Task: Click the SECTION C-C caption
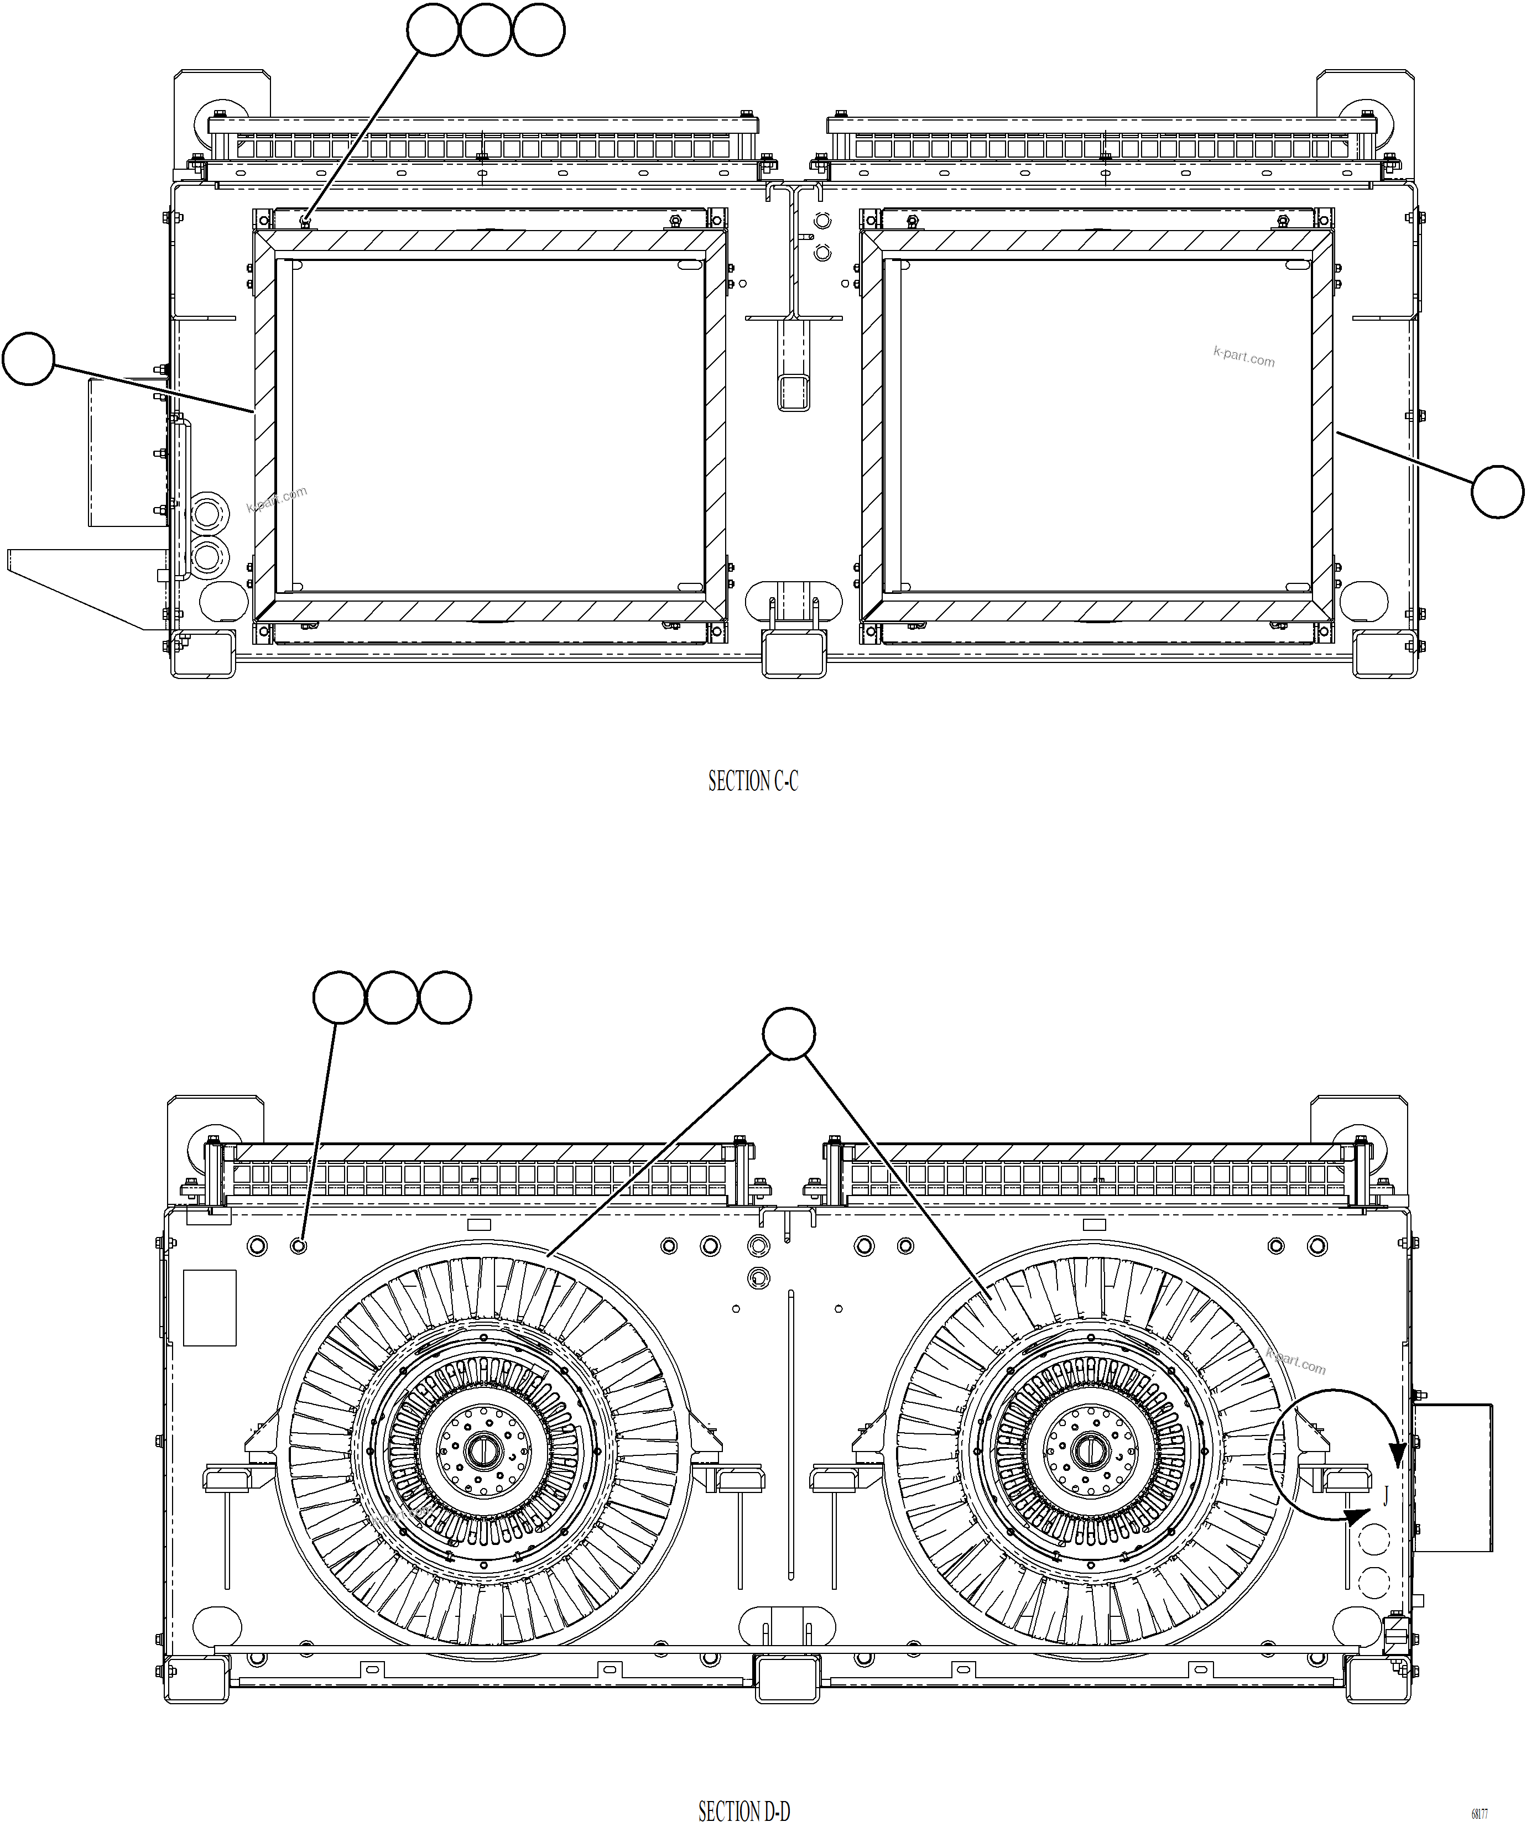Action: click(x=753, y=781)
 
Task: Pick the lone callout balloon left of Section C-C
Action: click(x=29, y=358)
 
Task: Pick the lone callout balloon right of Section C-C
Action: click(x=1497, y=493)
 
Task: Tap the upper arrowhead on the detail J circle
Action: click(x=1397, y=1455)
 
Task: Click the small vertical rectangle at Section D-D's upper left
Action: click(x=210, y=1308)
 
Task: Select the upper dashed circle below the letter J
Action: click(x=1374, y=1539)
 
